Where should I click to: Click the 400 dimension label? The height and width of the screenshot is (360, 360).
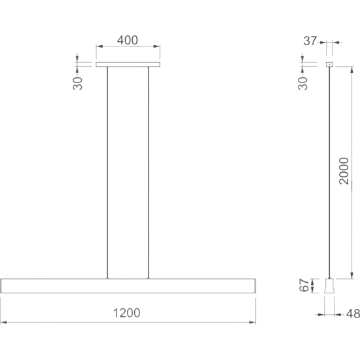(x=128, y=40)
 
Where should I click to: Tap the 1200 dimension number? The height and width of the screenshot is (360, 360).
(x=127, y=313)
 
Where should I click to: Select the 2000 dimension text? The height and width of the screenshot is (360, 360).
(x=344, y=171)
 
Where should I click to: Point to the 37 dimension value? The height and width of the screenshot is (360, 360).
(x=310, y=41)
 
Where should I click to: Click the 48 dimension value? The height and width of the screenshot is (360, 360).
(x=353, y=314)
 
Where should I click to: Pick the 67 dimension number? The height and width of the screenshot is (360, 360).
(x=304, y=285)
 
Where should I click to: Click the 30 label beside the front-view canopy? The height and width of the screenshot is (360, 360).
(x=78, y=83)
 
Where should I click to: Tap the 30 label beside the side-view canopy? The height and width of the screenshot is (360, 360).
(x=303, y=83)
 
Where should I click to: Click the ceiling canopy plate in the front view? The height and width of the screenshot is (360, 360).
(x=128, y=65)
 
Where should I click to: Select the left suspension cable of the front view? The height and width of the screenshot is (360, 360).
(x=107, y=173)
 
